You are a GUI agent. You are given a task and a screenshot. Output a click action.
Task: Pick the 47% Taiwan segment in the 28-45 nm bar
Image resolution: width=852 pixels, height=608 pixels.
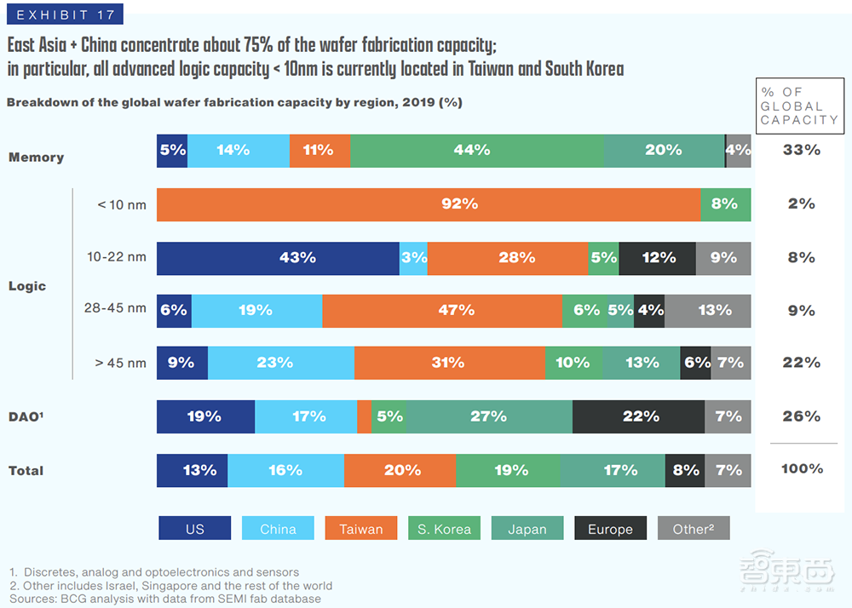click(442, 311)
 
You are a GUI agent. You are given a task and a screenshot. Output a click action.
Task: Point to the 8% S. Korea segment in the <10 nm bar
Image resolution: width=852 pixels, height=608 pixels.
click(725, 204)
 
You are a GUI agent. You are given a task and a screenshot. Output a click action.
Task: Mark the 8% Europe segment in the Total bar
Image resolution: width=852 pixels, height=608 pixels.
click(685, 470)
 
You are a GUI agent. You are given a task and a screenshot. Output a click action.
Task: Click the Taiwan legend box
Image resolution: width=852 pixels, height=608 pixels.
click(361, 529)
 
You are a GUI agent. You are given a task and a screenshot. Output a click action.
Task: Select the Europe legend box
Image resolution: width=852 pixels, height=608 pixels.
click(610, 529)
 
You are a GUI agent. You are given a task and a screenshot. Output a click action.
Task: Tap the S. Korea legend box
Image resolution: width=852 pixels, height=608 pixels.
click(444, 529)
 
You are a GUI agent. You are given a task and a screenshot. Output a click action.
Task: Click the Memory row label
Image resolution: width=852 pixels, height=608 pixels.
click(37, 158)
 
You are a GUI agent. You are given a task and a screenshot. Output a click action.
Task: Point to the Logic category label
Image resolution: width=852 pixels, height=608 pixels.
click(27, 286)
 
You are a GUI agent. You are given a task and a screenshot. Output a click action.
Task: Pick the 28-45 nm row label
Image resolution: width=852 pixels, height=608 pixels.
click(115, 308)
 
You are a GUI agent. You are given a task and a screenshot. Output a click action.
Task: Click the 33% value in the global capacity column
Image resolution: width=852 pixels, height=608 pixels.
click(802, 151)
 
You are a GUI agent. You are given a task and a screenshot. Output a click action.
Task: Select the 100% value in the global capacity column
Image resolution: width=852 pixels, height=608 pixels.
click(802, 469)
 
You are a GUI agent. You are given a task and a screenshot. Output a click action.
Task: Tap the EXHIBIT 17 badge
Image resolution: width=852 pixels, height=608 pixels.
click(63, 14)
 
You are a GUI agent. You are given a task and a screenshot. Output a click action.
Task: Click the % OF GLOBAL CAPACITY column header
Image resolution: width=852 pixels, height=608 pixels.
click(799, 106)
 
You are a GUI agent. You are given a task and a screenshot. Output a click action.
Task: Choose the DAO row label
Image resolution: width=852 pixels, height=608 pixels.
click(27, 416)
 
